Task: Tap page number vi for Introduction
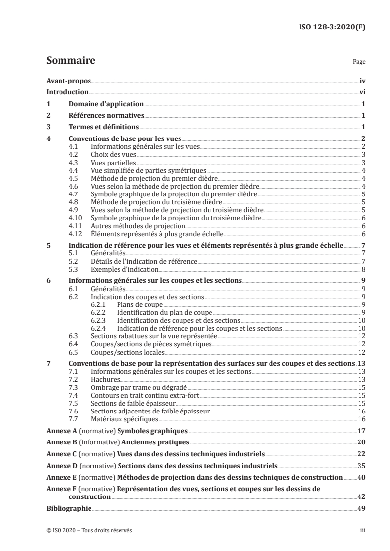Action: tap(362, 92)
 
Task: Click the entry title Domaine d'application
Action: tap(106, 104)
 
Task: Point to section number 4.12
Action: tap(75, 233)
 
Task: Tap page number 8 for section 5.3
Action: tap(363, 269)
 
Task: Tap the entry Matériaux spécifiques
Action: tap(124, 419)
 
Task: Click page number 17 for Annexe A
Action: tap(360, 431)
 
